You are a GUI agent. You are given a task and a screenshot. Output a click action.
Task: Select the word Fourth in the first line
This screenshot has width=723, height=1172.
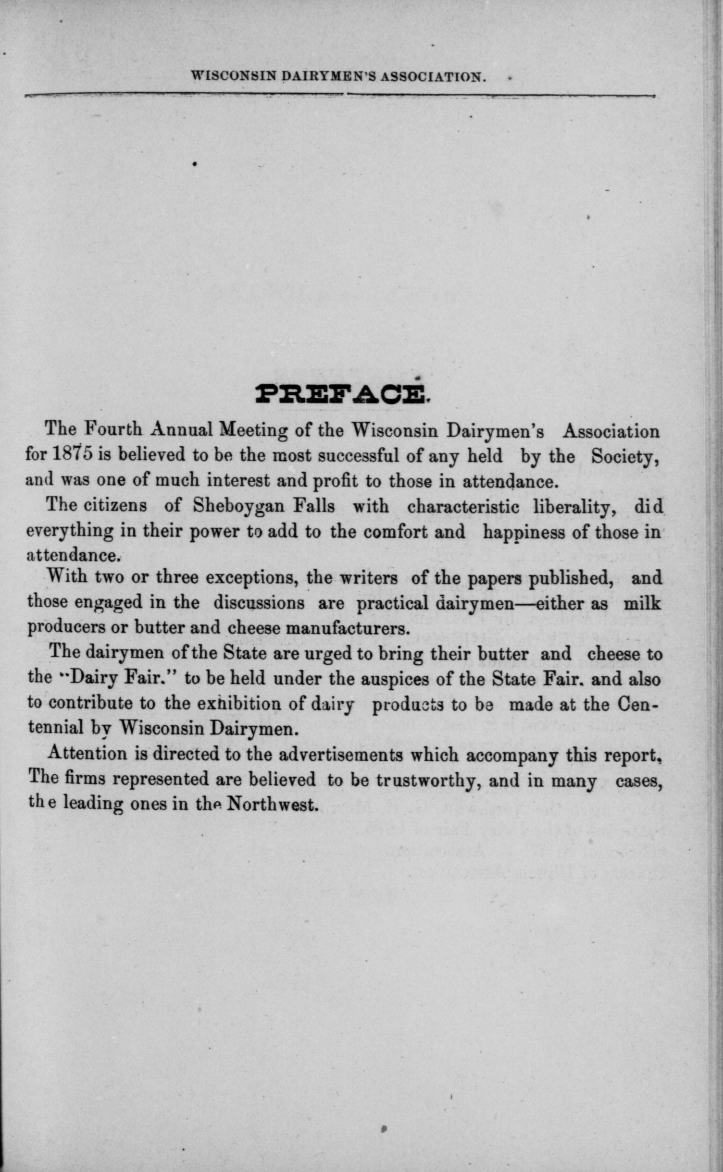tap(111, 429)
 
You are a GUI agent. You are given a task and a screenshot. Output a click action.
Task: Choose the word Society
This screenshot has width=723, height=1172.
tap(624, 456)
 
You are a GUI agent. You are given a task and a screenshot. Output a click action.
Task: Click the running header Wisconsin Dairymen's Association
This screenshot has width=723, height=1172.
tap(337, 77)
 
